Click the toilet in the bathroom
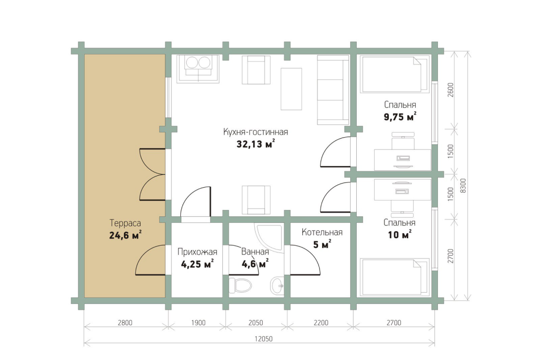point(240,286)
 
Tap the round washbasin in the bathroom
point(276,285)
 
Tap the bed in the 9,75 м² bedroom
point(394,74)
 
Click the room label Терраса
point(124,223)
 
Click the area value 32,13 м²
point(256,145)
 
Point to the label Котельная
point(322,233)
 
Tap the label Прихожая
point(197,252)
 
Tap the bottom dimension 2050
point(255,323)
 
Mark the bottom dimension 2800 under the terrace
point(125,323)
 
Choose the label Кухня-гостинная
point(256,132)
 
